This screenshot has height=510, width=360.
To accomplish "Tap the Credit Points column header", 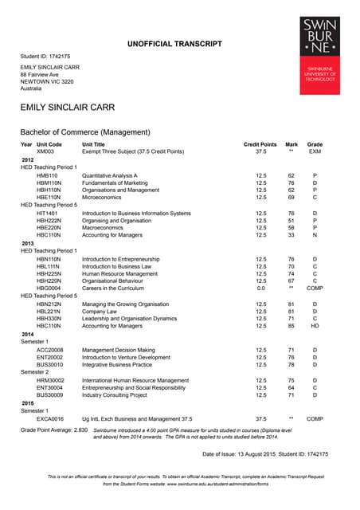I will (x=260, y=143).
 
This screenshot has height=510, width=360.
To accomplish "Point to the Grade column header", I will (x=315, y=143).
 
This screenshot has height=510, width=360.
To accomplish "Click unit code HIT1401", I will (x=47, y=214).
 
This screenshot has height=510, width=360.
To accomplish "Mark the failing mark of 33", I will (x=292, y=235).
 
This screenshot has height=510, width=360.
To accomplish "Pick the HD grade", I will (x=315, y=326).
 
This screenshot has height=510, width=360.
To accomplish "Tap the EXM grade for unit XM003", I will (x=315, y=151).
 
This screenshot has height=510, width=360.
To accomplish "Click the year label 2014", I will (x=28, y=334).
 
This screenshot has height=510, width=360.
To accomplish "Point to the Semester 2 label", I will (x=36, y=372).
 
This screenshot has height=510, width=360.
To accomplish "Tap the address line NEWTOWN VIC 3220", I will (x=47, y=82).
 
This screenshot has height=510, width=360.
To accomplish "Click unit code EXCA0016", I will (x=50, y=418).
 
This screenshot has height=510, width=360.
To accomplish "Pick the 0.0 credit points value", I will (x=260, y=288).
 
